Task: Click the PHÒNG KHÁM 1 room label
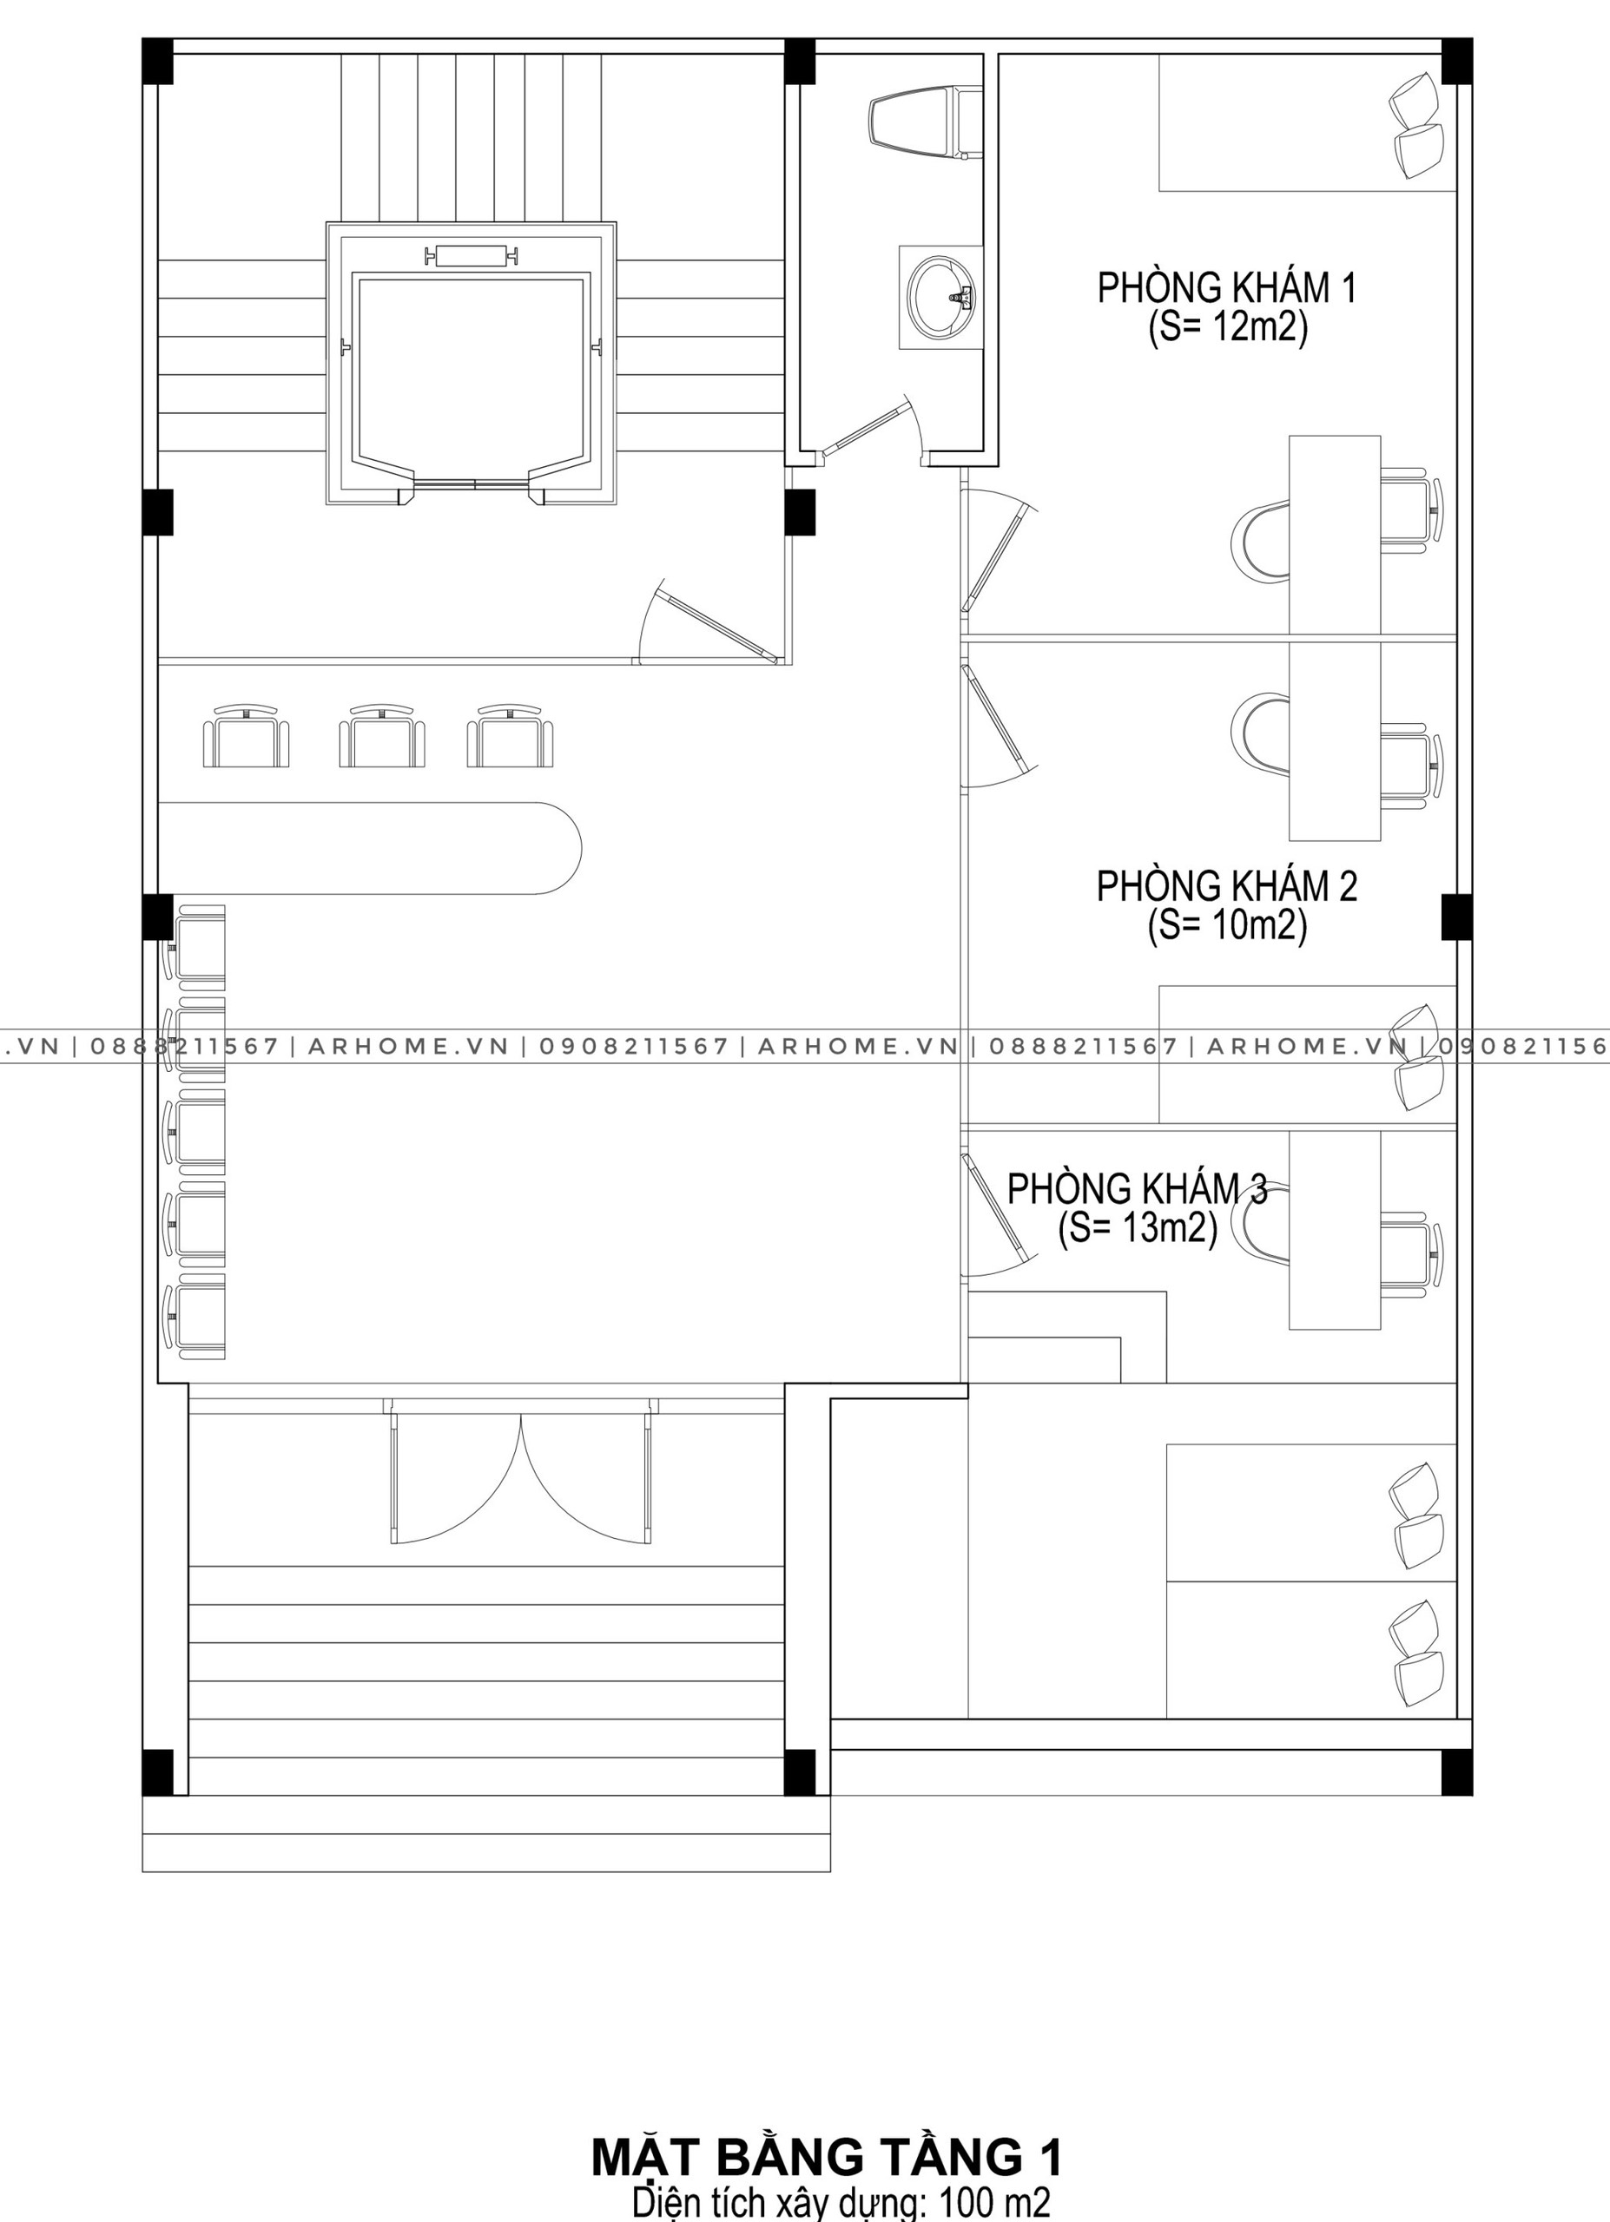click(1227, 288)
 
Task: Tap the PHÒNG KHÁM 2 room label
click(1227, 885)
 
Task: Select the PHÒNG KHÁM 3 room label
click(1137, 1188)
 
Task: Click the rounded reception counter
click(369, 847)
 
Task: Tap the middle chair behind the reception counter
click(382, 736)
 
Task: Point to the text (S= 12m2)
click(1227, 327)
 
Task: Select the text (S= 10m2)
click(1227, 925)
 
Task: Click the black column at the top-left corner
click(158, 61)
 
